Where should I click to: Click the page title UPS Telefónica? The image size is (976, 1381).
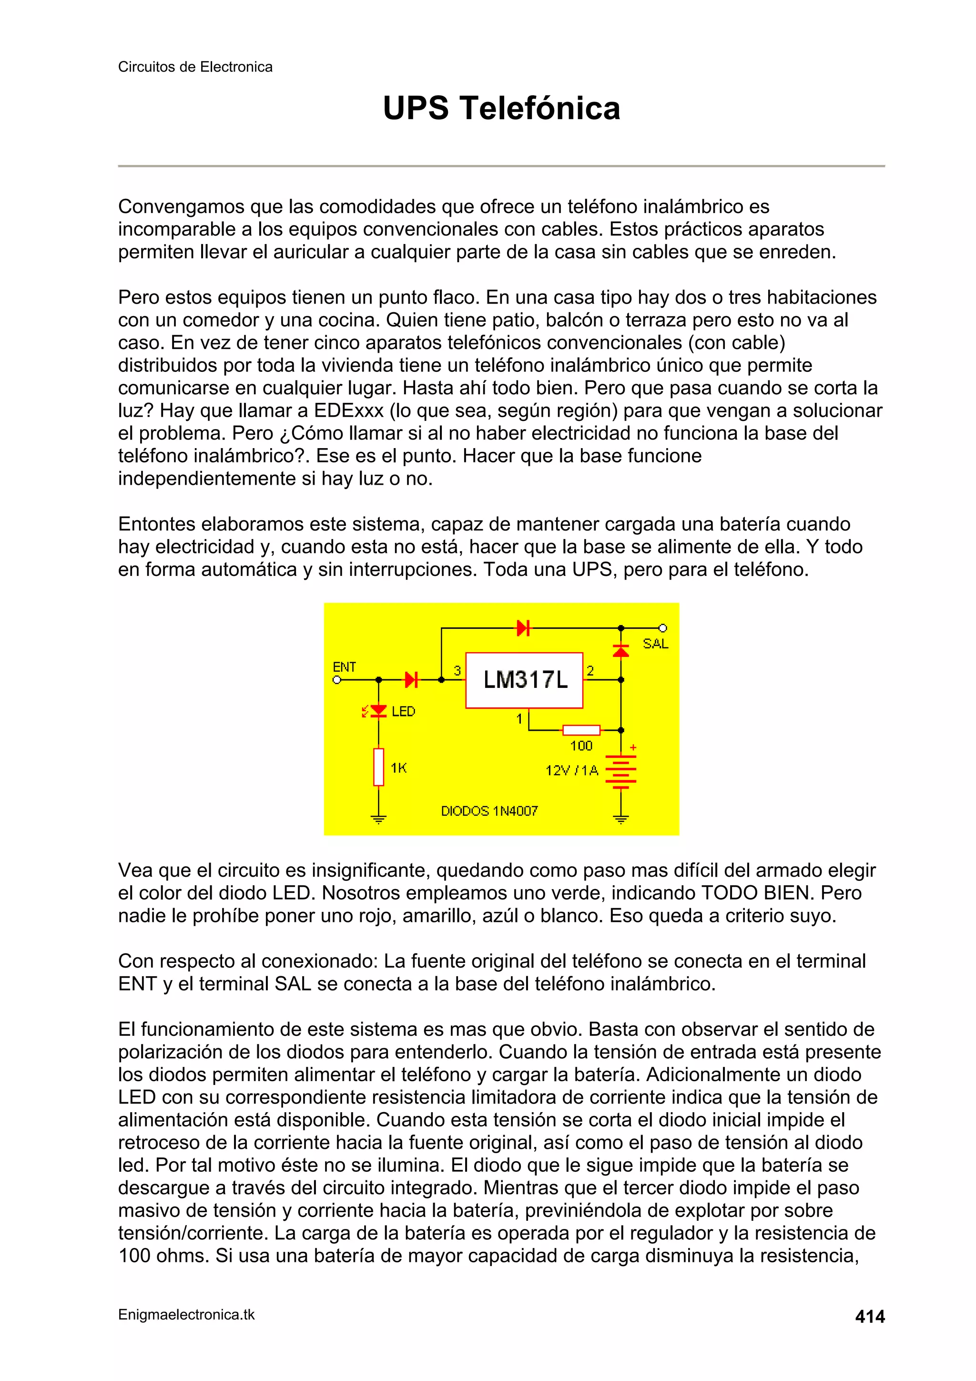pos(501,108)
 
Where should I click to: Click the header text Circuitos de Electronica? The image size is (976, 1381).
pos(195,67)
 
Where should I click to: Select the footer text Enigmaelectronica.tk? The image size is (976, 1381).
pos(186,1315)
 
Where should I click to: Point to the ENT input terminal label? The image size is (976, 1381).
pos(344,666)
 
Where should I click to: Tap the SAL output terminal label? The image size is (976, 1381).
pos(655,644)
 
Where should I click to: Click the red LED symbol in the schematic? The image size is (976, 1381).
pos(378,711)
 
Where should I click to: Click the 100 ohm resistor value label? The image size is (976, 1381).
pos(581,746)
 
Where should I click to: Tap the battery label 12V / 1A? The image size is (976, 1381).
pos(571,770)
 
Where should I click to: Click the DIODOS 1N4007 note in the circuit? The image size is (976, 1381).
pos(489,811)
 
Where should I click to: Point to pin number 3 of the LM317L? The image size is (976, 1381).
pos(457,671)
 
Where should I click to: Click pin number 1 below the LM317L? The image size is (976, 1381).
pos(519,718)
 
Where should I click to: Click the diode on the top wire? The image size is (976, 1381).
pos(523,629)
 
